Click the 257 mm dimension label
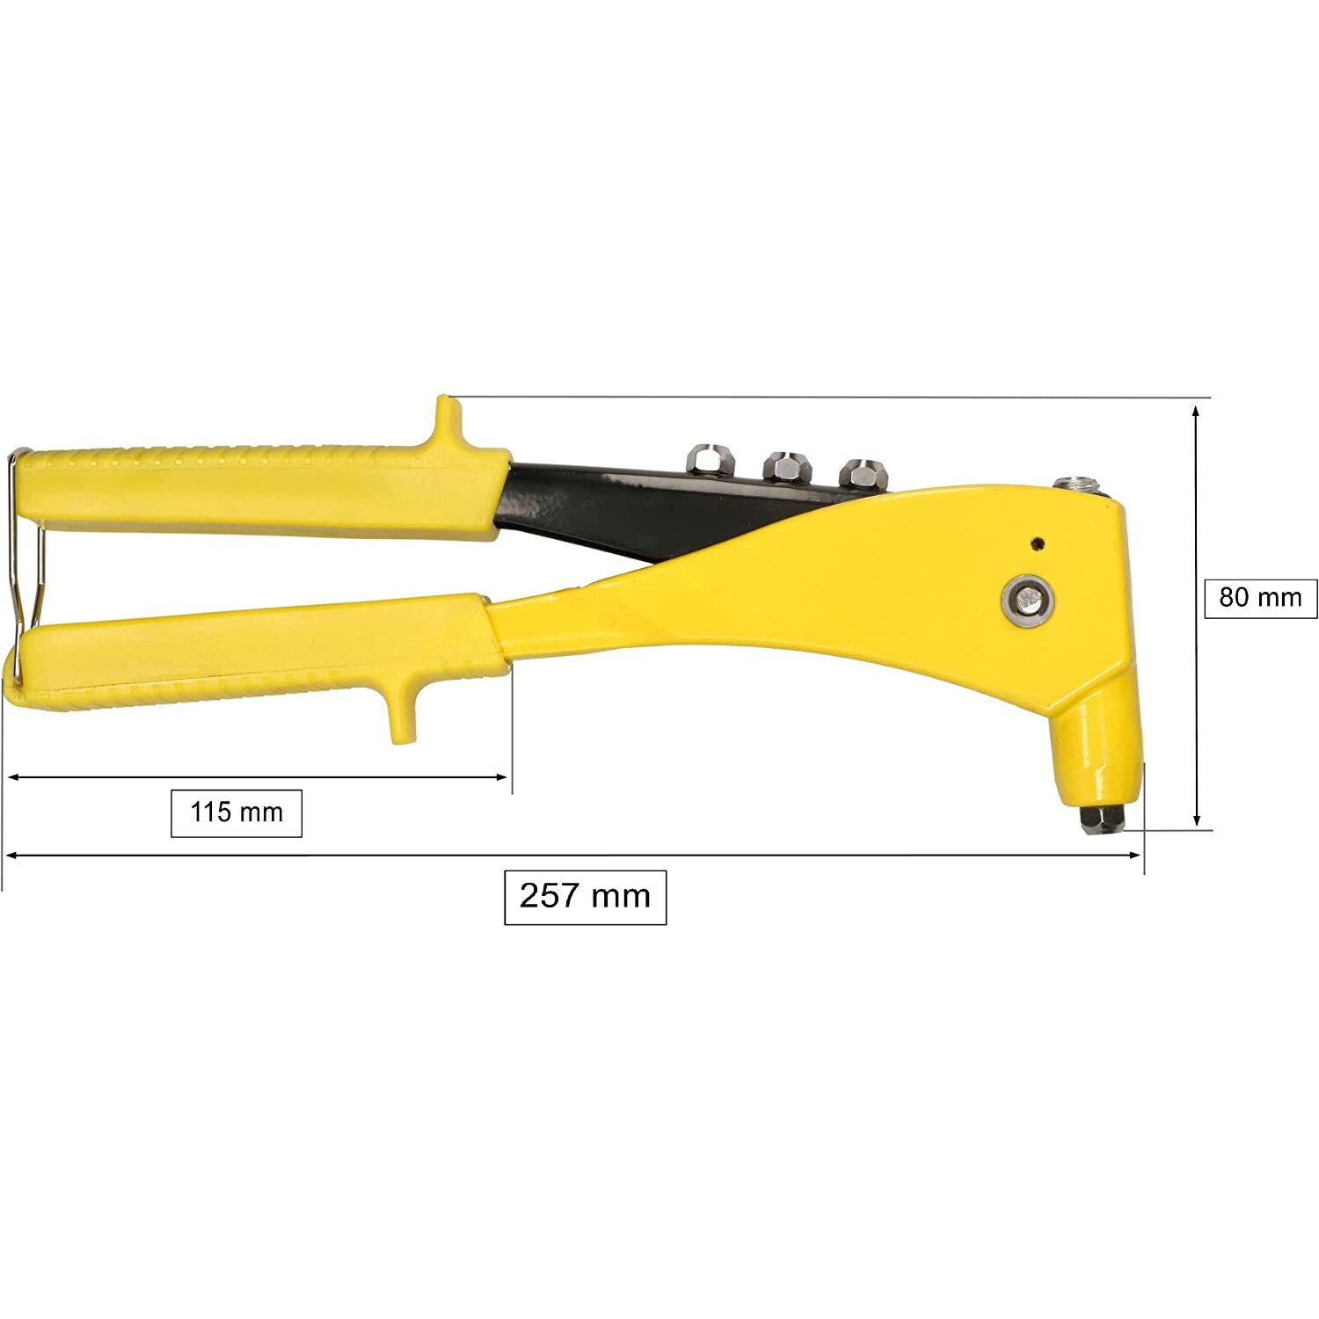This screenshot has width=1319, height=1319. (x=585, y=897)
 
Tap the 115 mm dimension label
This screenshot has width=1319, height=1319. (x=236, y=813)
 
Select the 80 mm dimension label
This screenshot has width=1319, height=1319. (x=1260, y=598)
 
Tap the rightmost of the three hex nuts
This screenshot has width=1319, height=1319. (x=861, y=472)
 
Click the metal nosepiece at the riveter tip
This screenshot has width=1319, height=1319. (x=1102, y=818)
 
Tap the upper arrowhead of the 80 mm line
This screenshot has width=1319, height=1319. (x=1197, y=411)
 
